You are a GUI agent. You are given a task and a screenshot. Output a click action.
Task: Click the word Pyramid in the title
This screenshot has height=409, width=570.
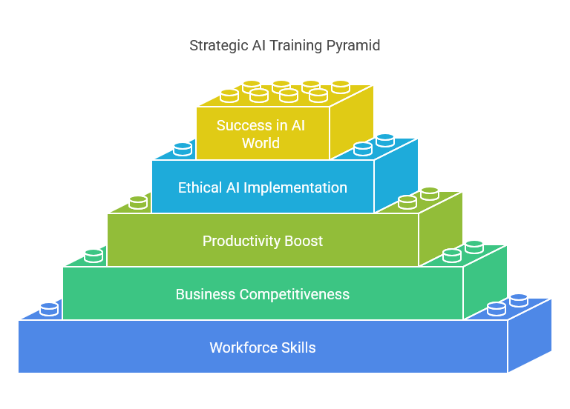pos(353,46)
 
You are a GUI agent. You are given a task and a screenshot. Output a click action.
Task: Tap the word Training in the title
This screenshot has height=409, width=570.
pos(296,46)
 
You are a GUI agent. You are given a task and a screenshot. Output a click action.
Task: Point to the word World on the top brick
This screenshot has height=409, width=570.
pos(261,143)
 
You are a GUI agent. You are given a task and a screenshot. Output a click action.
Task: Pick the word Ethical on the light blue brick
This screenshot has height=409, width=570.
pos(200,188)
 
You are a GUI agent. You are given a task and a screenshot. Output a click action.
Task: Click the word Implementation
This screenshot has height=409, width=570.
pos(295,188)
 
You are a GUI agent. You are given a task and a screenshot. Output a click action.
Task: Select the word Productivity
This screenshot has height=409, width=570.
pos(241,242)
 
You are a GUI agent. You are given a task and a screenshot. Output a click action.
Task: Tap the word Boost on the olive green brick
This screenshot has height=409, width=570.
pos(304,242)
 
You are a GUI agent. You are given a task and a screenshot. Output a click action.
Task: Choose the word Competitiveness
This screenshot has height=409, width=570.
pos(294,295)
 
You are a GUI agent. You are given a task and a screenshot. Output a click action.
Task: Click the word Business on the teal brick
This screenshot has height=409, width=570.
pos(206,295)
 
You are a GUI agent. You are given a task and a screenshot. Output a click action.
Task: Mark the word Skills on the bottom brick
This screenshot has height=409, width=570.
pos(298,348)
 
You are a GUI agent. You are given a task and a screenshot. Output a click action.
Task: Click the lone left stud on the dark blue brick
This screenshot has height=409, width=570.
pos(49,310)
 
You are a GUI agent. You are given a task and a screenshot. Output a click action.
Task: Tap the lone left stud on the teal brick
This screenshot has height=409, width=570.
pos(94,256)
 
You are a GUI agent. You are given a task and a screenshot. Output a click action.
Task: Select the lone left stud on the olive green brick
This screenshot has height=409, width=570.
pos(138,203)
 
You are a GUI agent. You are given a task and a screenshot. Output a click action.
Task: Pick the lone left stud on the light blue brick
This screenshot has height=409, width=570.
pos(183,150)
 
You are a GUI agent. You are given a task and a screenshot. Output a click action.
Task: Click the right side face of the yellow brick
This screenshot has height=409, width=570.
pos(351,123)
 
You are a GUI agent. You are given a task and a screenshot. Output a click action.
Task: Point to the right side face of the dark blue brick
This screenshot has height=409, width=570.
pos(529,336)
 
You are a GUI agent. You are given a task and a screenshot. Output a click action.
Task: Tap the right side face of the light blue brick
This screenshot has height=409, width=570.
pos(396,176)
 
